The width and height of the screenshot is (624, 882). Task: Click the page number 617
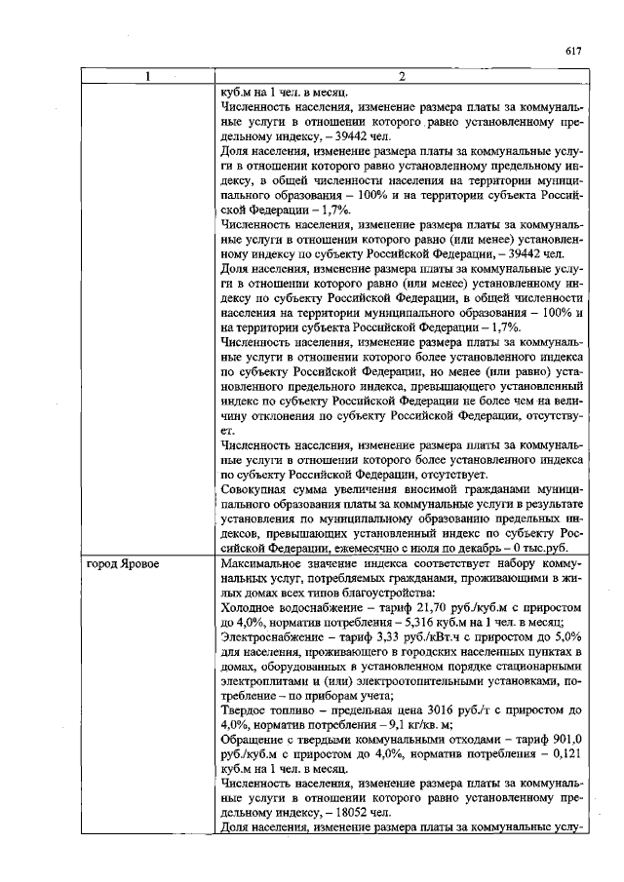point(573,51)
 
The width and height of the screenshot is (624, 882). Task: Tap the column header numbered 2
point(402,77)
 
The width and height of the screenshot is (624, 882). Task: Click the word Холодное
point(249,605)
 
